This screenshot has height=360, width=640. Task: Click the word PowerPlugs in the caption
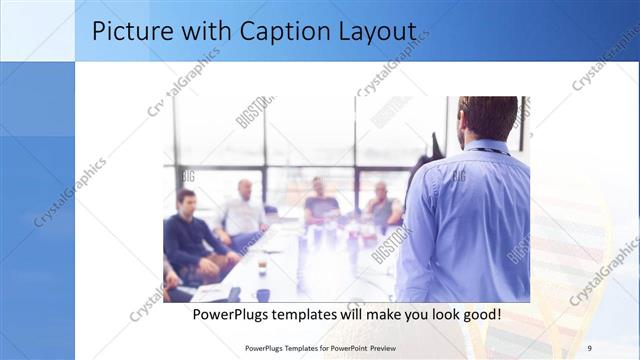click(230, 314)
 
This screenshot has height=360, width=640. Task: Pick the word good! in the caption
click(478, 314)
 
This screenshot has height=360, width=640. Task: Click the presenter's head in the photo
click(487, 117)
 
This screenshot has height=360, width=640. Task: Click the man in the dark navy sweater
click(190, 240)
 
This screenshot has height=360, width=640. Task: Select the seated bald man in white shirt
click(243, 215)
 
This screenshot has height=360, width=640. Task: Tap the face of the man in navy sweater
click(186, 201)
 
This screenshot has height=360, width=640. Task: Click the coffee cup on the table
click(262, 267)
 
